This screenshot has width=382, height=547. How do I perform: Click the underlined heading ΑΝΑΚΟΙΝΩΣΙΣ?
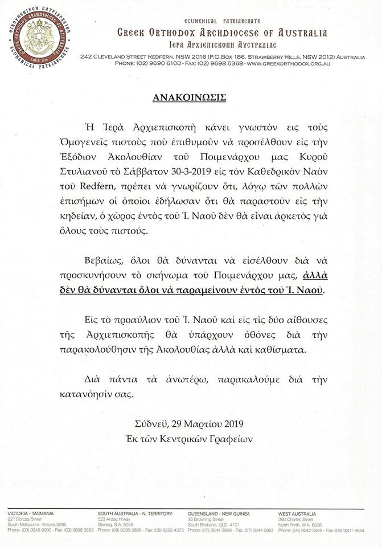point(191,96)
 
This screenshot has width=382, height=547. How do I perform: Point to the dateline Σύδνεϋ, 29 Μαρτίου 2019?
point(191,424)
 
